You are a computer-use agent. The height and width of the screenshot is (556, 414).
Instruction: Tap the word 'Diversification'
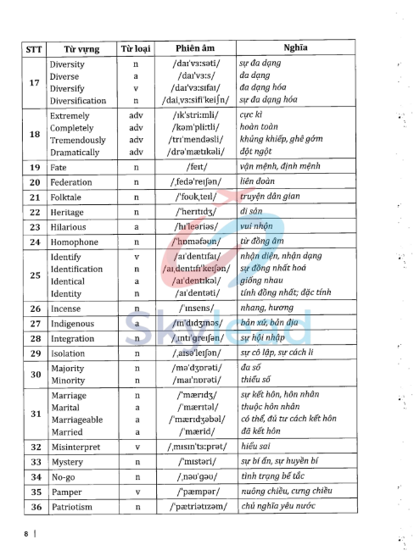(x=78, y=100)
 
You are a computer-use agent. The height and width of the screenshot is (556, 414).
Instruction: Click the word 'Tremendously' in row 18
(x=78, y=140)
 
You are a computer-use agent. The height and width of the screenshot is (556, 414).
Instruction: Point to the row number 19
(x=35, y=168)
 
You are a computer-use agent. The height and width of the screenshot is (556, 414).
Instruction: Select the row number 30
(x=35, y=375)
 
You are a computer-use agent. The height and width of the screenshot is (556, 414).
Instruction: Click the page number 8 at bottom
(x=26, y=534)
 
